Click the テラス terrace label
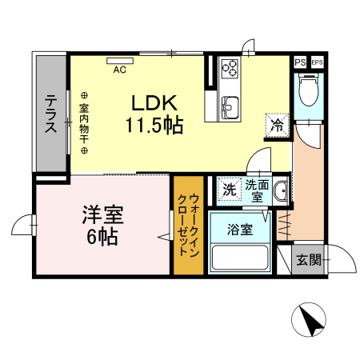pyautogui.click(x=50, y=114)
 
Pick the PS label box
pyautogui.click(x=299, y=62)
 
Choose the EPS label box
pyautogui.click(x=317, y=62)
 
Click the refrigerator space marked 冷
pyautogui.click(x=277, y=125)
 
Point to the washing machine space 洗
pyautogui.click(x=230, y=190)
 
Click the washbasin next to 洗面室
pyautogui.click(x=280, y=191)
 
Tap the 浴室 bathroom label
pyautogui.click(x=240, y=230)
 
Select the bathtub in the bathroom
pyautogui.click(x=238, y=258)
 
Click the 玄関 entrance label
pyautogui.click(x=309, y=259)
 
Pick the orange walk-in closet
pyautogui.click(x=188, y=224)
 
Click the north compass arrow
pyautogui.click(x=310, y=321)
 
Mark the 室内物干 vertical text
pyautogui.click(x=83, y=119)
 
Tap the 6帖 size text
pyautogui.click(x=102, y=236)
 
